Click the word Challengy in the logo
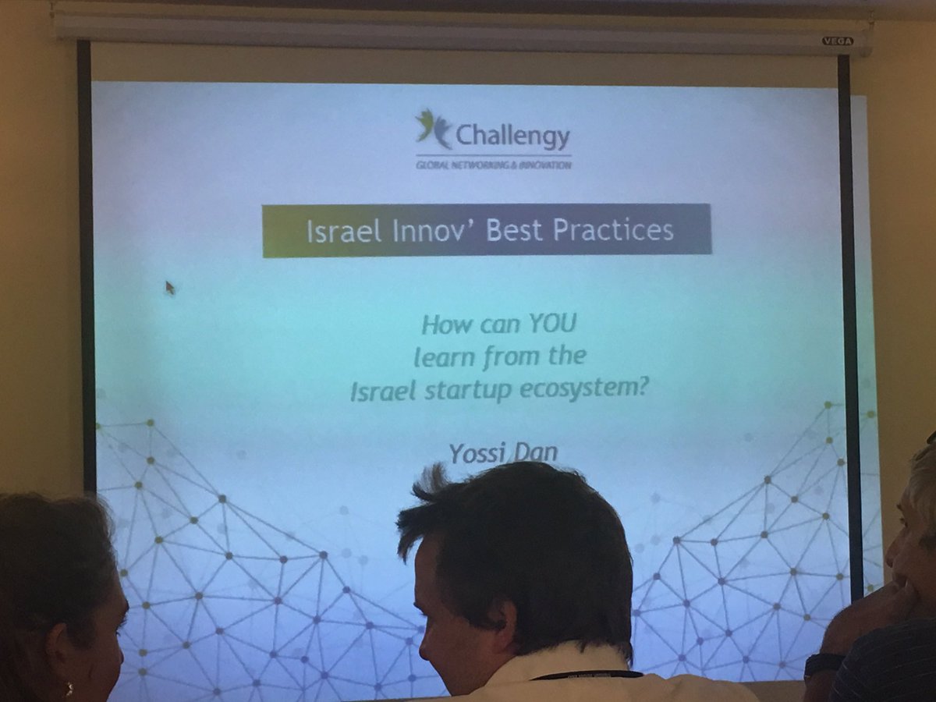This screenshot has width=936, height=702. coord(512,136)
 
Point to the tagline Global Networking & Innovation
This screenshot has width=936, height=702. coord(493,164)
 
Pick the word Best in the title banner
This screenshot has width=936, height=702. coord(516,232)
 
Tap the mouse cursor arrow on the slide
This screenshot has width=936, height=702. coord(169,287)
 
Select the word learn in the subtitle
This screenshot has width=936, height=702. coord(440,356)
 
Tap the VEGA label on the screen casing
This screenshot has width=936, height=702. coord(837,41)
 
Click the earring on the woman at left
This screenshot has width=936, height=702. coord(69,690)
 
